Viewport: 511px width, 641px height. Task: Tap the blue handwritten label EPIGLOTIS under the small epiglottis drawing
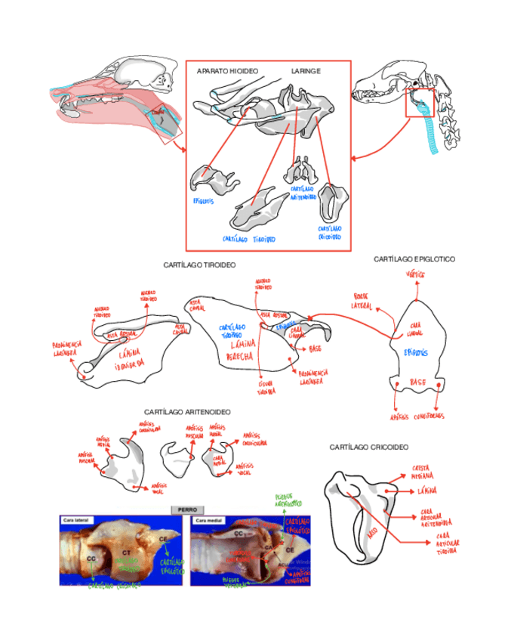point(204,202)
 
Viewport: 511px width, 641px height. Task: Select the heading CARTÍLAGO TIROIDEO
point(199,265)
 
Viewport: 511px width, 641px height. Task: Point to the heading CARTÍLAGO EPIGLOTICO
point(414,259)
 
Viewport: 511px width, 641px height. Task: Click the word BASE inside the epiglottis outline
point(417,382)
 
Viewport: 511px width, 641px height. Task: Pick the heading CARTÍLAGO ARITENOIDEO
point(186,411)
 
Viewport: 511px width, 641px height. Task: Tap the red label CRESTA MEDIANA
point(423,472)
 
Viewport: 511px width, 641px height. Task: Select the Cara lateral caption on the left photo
point(77,520)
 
